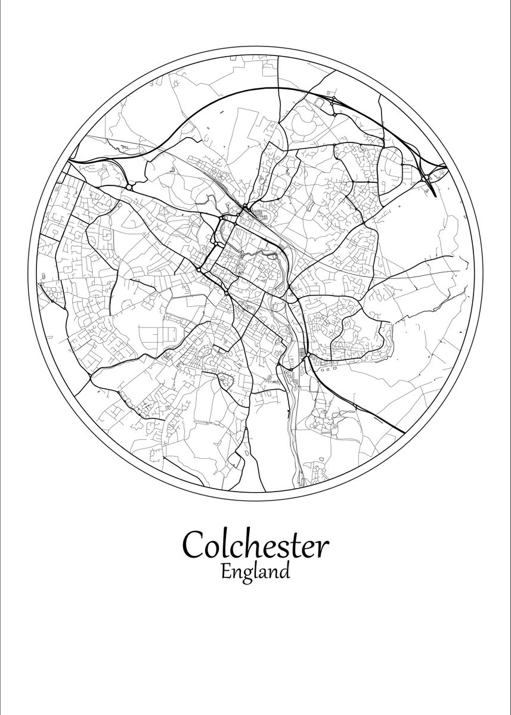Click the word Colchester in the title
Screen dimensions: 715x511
click(x=256, y=544)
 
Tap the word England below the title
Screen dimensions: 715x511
click(x=255, y=573)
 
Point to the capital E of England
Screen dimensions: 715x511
click(x=226, y=571)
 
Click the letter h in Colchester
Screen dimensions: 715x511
click(x=249, y=542)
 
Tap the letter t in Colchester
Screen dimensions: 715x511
click(x=300, y=545)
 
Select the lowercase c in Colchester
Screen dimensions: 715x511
click(x=234, y=546)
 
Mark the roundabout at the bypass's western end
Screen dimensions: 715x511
click(x=129, y=187)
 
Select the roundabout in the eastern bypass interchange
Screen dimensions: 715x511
click(x=425, y=177)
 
